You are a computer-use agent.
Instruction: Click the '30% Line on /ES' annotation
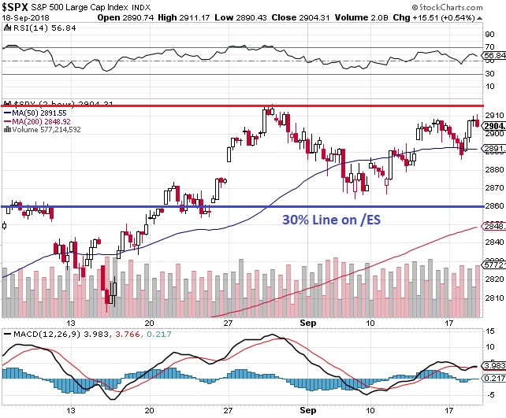pyautogui.click(x=330, y=221)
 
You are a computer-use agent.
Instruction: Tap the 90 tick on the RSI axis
pyautogui.click(x=489, y=35)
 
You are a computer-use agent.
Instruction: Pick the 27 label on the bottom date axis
pyautogui.click(x=227, y=410)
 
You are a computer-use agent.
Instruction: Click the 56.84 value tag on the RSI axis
pyautogui.click(x=493, y=55)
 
